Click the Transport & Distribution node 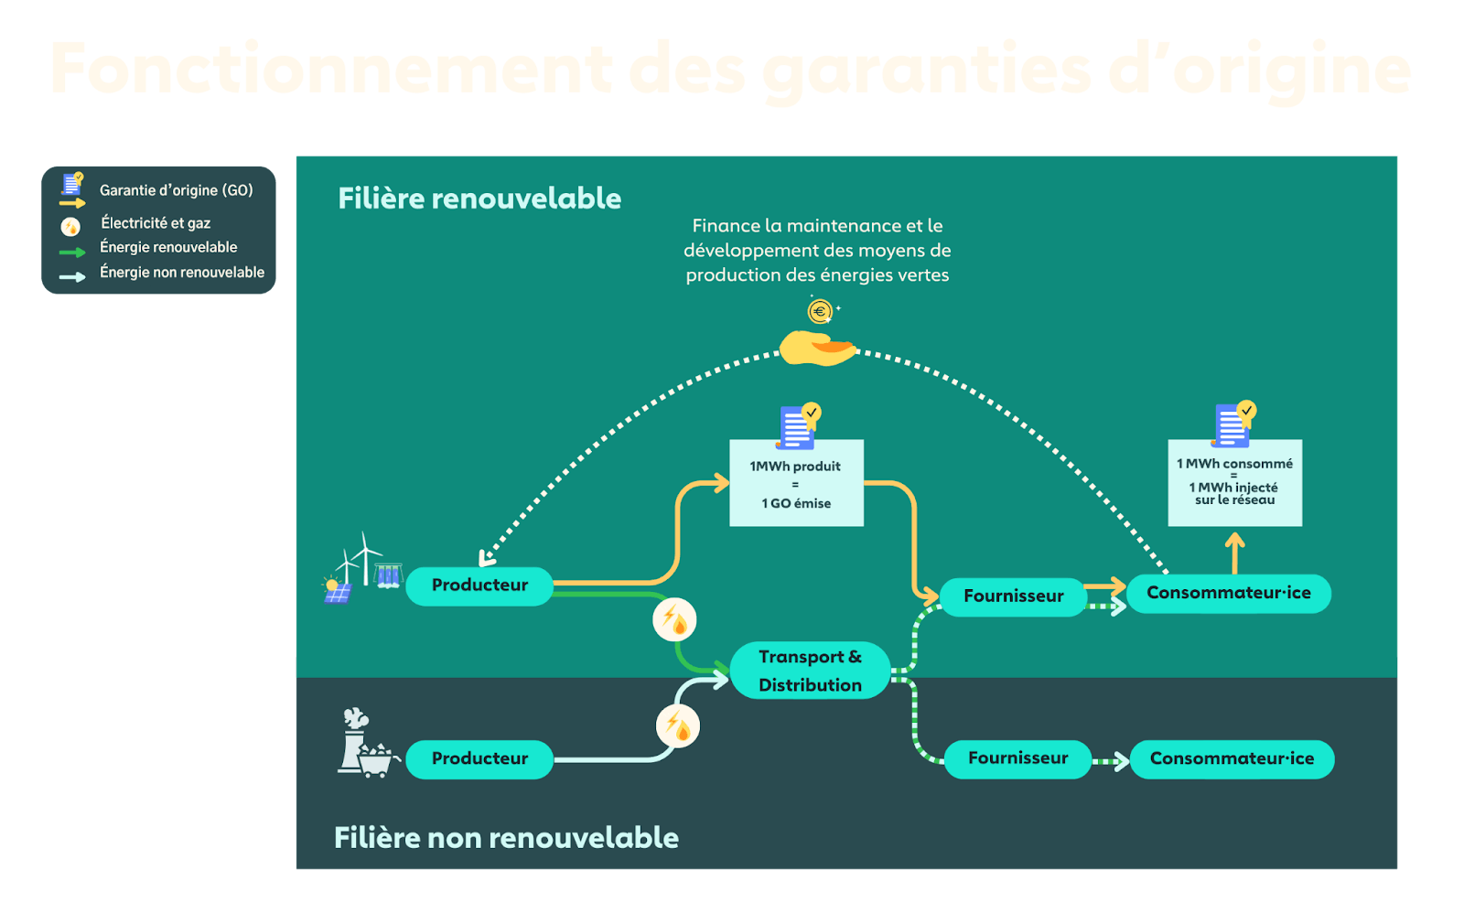pos(810,671)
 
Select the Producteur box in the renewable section pos(479,585)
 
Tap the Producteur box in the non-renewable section pos(479,758)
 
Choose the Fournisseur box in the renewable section pos(1013,596)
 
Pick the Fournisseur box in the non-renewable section pos(1017,758)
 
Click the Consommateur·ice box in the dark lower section pos(1232,758)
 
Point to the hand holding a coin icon pos(816,349)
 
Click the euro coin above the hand pos(820,312)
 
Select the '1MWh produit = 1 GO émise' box pos(796,484)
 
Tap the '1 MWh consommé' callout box pos(1234,482)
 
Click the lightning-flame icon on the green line pos(674,619)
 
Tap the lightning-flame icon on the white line pos(678,726)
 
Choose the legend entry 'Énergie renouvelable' pos(168,247)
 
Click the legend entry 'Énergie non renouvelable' pos(181,273)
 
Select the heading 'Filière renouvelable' pos(479,199)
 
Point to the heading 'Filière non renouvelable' pos(506,837)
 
